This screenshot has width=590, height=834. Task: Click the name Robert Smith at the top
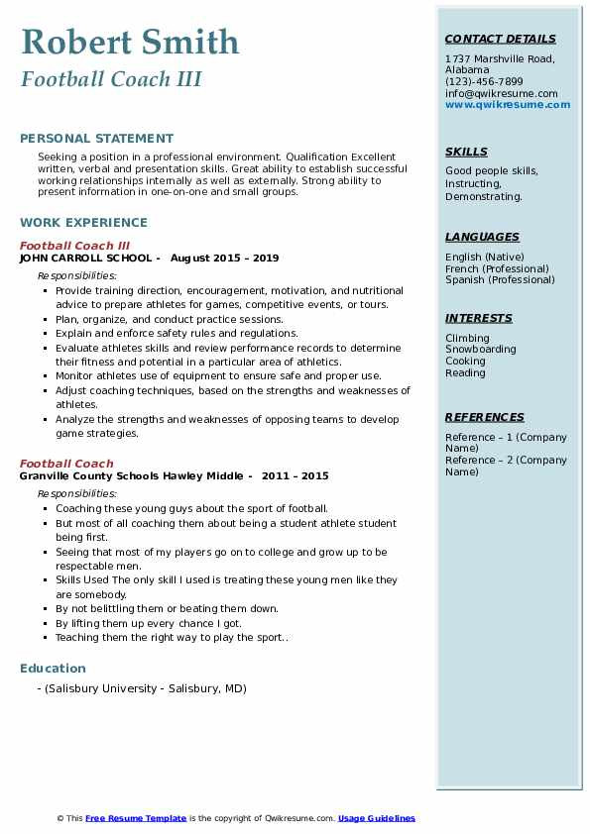coord(130,42)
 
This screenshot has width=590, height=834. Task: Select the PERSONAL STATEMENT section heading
coord(96,139)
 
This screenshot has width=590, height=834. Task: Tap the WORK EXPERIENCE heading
coord(83,223)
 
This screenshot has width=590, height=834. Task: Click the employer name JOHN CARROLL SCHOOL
coord(86,258)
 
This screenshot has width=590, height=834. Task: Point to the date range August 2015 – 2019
coord(224,258)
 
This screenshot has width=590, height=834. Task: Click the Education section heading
coord(53,669)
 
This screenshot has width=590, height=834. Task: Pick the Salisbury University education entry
coord(144,688)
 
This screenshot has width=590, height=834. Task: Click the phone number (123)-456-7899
coord(484,82)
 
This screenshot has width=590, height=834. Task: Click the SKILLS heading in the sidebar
coord(466,152)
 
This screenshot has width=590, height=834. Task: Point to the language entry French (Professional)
coord(497,268)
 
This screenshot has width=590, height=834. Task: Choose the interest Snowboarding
coord(480,350)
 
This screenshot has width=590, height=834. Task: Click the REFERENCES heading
coord(484,417)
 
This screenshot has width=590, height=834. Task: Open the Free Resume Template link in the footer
coord(136,818)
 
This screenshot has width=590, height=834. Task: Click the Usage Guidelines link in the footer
coord(376,818)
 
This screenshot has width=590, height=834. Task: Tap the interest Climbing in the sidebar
coord(467,338)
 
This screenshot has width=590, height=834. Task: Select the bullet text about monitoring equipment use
coord(218,376)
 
